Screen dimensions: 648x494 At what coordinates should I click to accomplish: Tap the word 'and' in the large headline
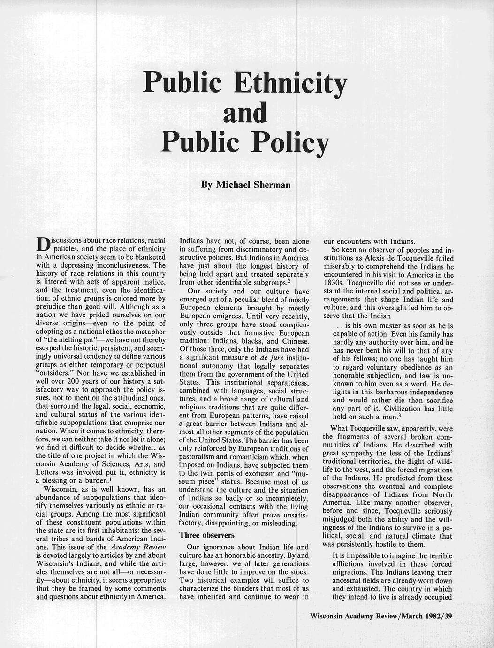coord(244,113)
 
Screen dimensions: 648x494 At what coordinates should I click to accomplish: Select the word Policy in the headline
coord(289,143)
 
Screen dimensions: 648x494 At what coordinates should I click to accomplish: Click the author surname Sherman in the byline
coord(272,185)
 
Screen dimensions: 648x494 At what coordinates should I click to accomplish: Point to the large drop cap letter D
coord(43,245)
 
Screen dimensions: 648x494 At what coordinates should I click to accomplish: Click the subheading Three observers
coord(207,535)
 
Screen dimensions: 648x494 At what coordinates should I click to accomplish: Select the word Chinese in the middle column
coord(296,341)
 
